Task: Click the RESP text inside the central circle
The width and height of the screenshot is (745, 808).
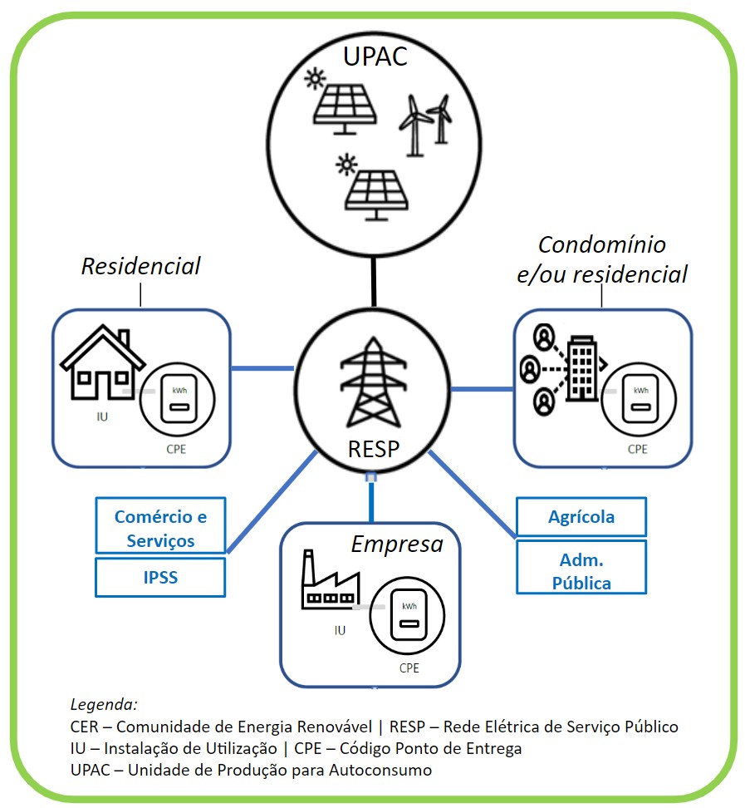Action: point(373,450)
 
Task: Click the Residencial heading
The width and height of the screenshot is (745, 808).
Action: point(141,266)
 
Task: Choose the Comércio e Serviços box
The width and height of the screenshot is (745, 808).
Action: point(160,528)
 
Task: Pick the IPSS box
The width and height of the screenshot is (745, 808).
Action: point(160,577)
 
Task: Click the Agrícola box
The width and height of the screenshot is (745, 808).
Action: point(581,517)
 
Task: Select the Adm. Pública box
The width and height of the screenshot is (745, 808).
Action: point(581,570)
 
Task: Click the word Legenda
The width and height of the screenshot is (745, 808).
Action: point(104,702)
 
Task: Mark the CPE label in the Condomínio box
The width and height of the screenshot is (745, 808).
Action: point(637,449)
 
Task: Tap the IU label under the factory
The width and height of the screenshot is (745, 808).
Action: point(340,630)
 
